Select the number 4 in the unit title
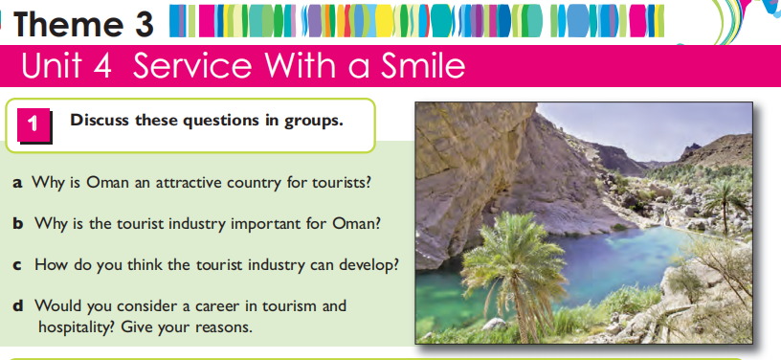102,67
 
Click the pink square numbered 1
33,124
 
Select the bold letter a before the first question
18,184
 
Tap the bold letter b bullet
18,224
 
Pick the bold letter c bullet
17,265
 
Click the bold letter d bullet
18,304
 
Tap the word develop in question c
369,265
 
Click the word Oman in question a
106,183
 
